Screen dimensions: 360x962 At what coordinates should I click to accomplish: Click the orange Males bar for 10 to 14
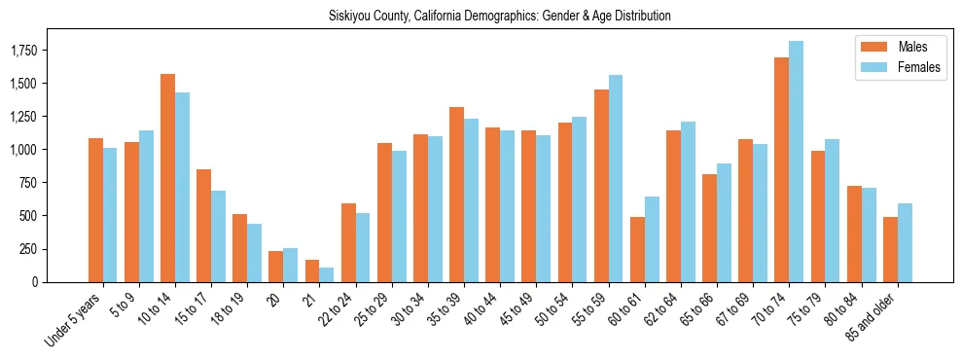[167, 178]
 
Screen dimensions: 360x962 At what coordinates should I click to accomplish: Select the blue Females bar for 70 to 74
[797, 162]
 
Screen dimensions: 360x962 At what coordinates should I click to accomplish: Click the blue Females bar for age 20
[290, 265]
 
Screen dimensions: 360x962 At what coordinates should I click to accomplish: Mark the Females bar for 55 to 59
[616, 178]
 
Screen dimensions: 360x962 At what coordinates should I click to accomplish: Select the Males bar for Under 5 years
[95, 210]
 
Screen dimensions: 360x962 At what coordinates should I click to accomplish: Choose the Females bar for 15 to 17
[218, 236]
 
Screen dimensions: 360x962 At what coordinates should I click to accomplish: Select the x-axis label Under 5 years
[74, 318]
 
